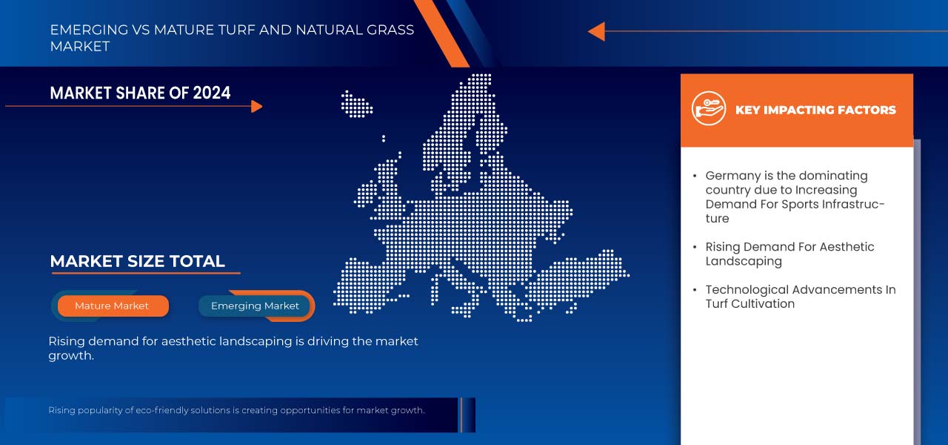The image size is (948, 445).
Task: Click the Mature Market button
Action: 112,306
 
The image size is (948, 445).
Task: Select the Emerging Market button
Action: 255,306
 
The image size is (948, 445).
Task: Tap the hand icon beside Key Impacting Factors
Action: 708,108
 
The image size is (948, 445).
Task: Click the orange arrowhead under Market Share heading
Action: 257,107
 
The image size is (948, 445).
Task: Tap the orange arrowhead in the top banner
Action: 596,31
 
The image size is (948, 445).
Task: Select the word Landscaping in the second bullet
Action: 744,261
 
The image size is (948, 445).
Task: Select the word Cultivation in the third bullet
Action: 764,303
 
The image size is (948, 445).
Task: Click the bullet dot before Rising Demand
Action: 695,247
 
